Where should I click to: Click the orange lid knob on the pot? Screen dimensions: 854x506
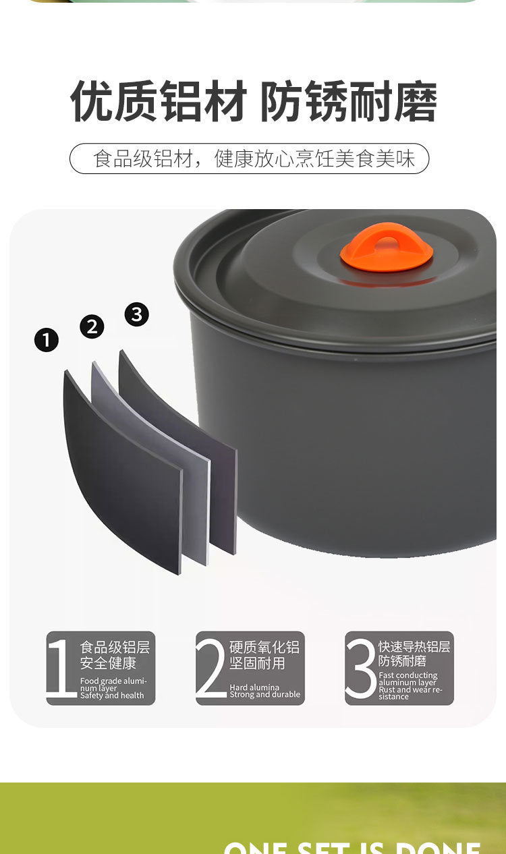pyautogui.click(x=387, y=247)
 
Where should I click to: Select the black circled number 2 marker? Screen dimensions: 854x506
pyautogui.click(x=92, y=326)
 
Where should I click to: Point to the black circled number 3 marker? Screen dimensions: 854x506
pyautogui.click(x=137, y=314)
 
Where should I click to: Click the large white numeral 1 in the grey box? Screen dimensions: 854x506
pyautogui.click(x=61, y=668)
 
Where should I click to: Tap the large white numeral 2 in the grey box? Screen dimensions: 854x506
pyautogui.click(x=210, y=668)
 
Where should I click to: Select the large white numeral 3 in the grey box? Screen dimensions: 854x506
pyautogui.click(x=360, y=668)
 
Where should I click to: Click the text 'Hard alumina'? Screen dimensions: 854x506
pyautogui.click(x=254, y=687)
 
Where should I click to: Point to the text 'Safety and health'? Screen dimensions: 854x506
pyautogui.click(x=112, y=695)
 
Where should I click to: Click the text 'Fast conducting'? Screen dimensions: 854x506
pyautogui.click(x=408, y=675)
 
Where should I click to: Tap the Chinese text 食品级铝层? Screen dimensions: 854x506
pyautogui.click(x=115, y=648)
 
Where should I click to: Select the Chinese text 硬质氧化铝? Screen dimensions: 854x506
pyautogui.click(x=264, y=648)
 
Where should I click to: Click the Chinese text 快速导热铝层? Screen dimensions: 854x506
pyautogui.click(x=414, y=647)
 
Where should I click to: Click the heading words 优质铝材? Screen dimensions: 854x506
pyautogui.click(x=158, y=103)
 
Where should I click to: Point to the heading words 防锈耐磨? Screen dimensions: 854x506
pyautogui.click(x=348, y=103)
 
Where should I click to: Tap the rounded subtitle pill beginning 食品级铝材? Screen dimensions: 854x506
pyautogui.click(x=250, y=159)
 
